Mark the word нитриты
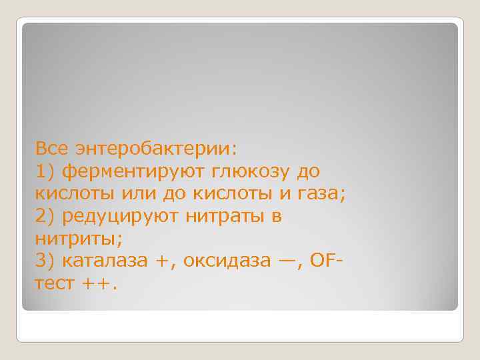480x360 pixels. (x=71, y=238)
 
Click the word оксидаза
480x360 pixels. (x=226, y=261)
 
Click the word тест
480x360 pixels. (x=55, y=284)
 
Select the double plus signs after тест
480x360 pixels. (x=97, y=284)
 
